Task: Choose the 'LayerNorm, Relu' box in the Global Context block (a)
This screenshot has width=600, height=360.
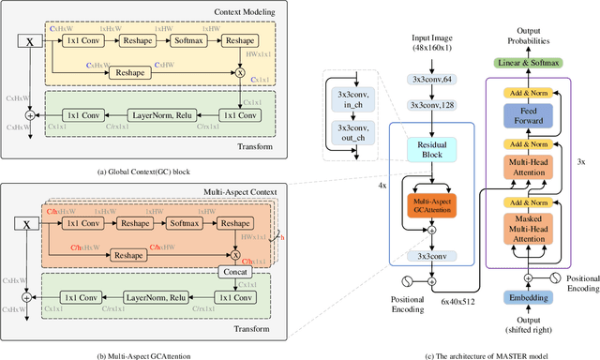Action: [x=151, y=115]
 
